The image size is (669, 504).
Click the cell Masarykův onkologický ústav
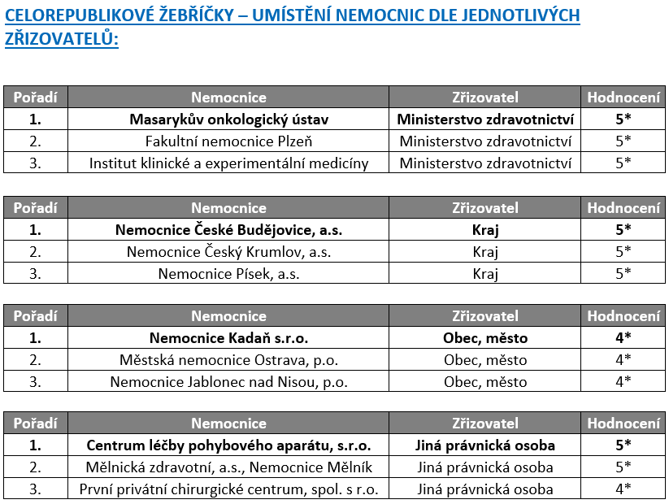click(x=228, y=119)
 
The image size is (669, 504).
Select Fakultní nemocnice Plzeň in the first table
click(x=228, y=141)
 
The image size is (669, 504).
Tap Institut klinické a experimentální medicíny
click(x=228, y=163)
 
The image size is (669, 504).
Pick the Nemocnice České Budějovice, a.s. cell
click(x=228, y=230)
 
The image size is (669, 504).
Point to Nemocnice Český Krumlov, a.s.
click(x=228, y=252)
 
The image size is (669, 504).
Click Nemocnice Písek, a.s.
click(x=228, y=273)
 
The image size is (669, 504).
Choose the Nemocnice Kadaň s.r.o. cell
click(x=228, y=338)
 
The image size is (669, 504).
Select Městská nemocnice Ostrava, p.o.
click(x=228, y=359)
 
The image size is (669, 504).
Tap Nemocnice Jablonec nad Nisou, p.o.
click(x=228, y=380)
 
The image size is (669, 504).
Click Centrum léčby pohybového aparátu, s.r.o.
click(x=228, y=445)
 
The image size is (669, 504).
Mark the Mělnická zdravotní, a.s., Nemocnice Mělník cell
click(x=228, y=467)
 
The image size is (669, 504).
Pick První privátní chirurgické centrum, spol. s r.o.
click(x=228, y=489)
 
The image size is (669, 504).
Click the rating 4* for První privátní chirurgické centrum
click(x=623, y=489)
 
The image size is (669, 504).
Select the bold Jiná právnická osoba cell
click(x=485, y=445)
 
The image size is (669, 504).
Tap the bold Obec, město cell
click(x=485, y=338)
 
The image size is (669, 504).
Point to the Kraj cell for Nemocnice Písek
click(x=485, y=273)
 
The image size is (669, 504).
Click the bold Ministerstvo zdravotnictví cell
click(x=485, y=119)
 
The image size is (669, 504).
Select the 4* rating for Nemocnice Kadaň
click(x=623, y=338)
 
